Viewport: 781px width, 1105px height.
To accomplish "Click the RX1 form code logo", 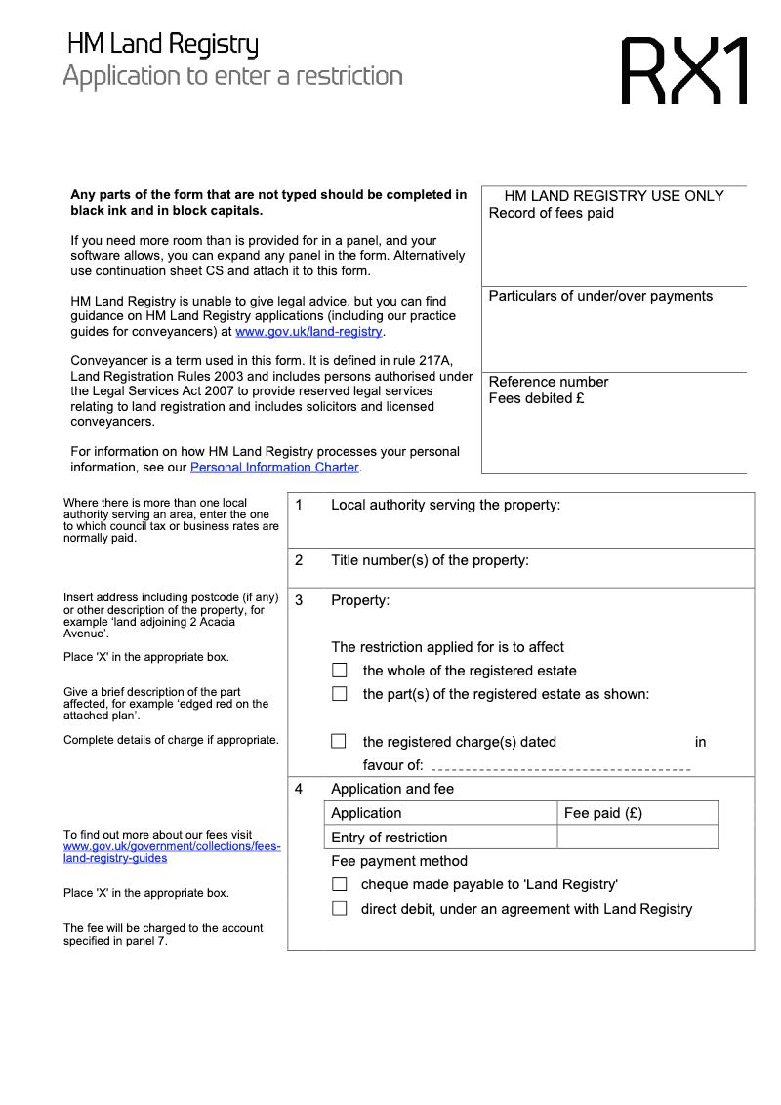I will pos(685,71).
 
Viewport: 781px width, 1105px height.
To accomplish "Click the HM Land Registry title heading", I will pos(163,45).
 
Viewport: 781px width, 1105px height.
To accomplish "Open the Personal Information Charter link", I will pos(274,468).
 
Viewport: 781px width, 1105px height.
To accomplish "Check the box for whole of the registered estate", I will pos(340,671).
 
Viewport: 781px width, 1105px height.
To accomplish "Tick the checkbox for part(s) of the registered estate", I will pos(340,694).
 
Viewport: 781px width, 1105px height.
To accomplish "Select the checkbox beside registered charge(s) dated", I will pos(339,742).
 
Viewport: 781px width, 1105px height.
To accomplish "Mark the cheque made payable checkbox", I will pos(339,884).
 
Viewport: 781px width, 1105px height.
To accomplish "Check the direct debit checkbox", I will pos(339,909).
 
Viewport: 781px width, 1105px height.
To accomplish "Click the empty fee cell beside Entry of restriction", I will pos(637,838).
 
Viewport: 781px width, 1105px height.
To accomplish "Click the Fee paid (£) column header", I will pos(603,813).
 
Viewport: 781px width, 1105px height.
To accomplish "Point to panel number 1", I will pos(299,505).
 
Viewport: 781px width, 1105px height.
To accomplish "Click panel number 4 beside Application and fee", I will pos(299,789).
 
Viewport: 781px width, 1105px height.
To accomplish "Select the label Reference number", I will pos(549,382).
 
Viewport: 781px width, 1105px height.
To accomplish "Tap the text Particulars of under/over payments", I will pos(600,296).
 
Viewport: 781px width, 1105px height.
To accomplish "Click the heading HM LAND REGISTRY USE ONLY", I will pos(614,196).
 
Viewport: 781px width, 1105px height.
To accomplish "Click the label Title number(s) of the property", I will pos(430,560).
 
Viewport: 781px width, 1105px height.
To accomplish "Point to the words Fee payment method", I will pos(399,861).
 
